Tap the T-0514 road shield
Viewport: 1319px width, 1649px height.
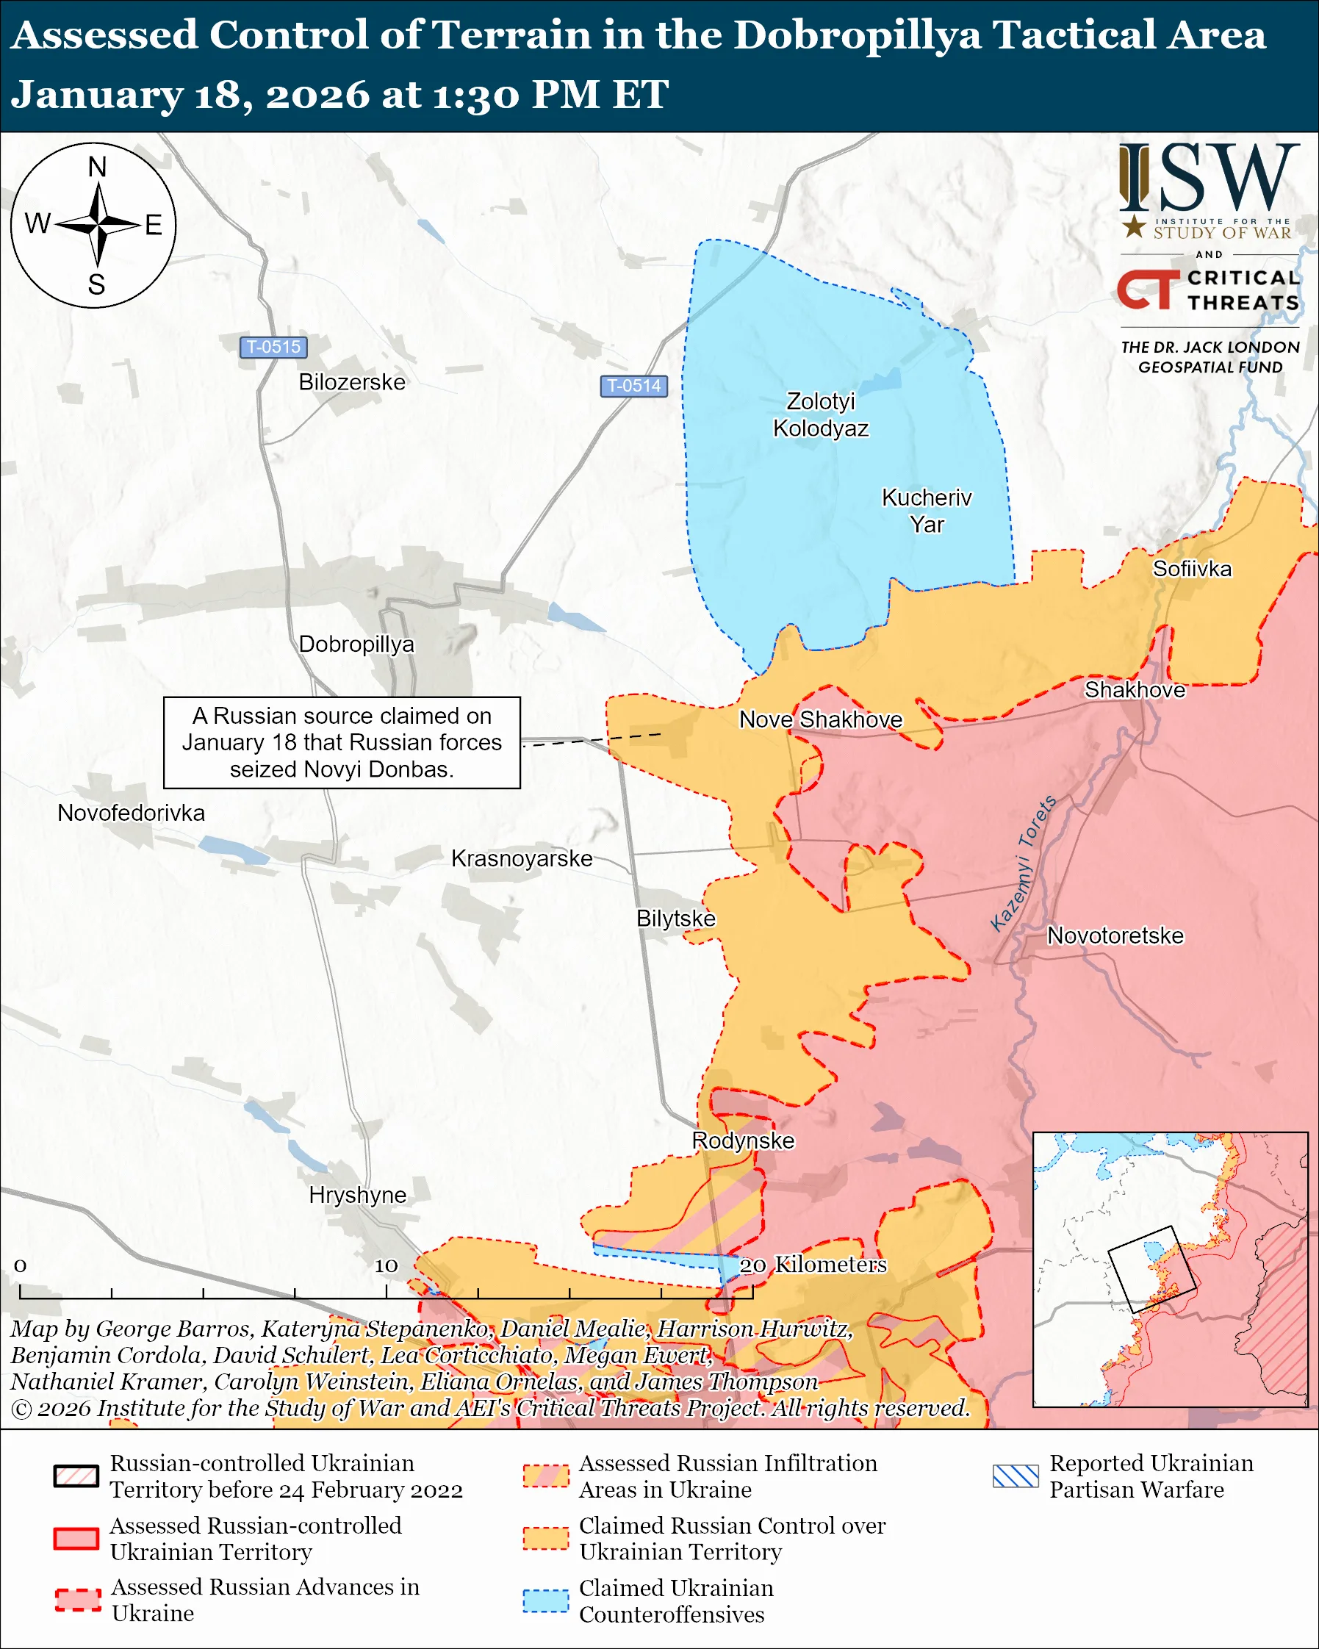(x=633, y=386)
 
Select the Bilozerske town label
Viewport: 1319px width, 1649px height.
(x=352, y=381)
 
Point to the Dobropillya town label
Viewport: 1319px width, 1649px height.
(x=356, y=644)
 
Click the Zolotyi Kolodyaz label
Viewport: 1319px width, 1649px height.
(x=821, y=414)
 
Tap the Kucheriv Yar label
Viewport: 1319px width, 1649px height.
(x=926, y=511)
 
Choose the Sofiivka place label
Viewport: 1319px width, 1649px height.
(x=1191, y=569)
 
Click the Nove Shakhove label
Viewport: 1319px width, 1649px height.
(x=821, y=719)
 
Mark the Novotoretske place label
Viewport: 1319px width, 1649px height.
(x=1115, y=935)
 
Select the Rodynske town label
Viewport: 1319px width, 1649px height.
(x=742, y=1140)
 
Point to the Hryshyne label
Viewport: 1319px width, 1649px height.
(x=357, y=1195)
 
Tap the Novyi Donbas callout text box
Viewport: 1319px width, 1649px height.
(x=342, y=743)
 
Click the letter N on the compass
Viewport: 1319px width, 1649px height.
(x=97, y=167)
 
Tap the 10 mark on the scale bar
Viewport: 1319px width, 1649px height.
(x=385, y=1266)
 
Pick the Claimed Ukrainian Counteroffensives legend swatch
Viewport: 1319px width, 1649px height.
(x=546, y=1600)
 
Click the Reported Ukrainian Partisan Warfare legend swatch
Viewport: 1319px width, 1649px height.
(x=1016, y=1476)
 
